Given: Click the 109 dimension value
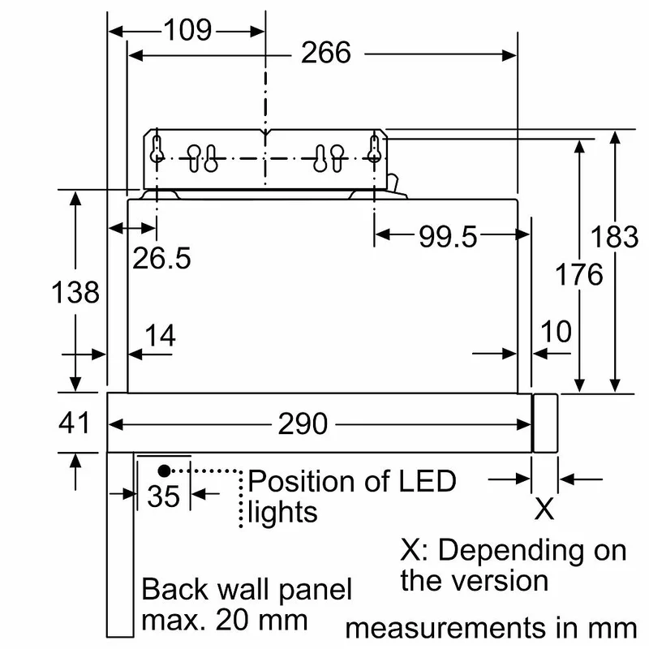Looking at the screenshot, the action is tap(188, 30).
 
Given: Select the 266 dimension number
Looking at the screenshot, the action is tap(326, 53).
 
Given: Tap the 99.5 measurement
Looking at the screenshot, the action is tap(448, 237).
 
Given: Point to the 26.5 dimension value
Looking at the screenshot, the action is tap(161, 258).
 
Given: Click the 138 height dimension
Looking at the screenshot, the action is tap(75, 292).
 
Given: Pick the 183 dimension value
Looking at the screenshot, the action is tap(614, 237).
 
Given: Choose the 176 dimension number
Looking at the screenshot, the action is tap(578, 274).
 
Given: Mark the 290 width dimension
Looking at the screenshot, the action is tap(303, 424).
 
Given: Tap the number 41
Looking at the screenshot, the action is tap(74, 423).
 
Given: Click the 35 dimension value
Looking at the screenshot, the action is tap(164, 496).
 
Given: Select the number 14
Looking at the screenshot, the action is tap(160, 335).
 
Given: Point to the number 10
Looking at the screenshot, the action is tap(557, 331).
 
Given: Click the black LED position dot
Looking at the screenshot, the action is tap(165, 471).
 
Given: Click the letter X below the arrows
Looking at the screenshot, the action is tap(544, 509).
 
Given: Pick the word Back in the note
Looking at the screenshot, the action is tap(174, 590).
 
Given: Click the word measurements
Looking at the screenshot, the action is tap(445, 628).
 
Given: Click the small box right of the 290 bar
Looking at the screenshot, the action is tap(545, 423).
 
